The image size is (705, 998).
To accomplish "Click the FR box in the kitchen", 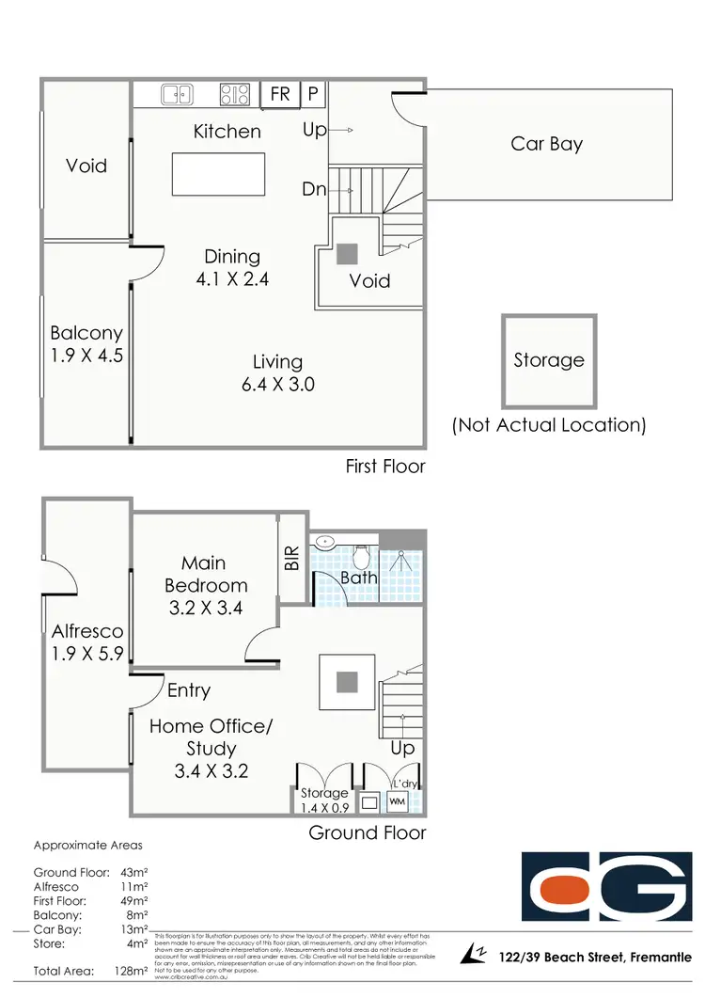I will click(280, 94).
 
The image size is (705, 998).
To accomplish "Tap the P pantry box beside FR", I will click(313, 94).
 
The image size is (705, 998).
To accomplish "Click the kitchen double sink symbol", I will click(177, 94).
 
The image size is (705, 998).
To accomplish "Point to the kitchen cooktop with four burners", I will click(235, 94).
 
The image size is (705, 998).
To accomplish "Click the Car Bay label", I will click(546, 144).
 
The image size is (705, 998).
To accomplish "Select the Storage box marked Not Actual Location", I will click(549, 360).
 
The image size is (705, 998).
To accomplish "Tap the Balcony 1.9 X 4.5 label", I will click(86, 344).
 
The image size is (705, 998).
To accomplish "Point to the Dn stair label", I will click(313, 189).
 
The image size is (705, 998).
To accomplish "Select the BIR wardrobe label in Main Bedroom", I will click(292, 560).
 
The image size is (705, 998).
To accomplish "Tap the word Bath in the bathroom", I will click(358, 578).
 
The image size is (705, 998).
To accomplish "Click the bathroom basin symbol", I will click(324, 542).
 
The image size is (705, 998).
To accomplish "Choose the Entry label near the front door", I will click(188, 690).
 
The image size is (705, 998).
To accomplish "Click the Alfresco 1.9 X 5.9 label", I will click(86, 643).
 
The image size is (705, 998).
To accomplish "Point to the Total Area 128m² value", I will click(129, 970).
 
